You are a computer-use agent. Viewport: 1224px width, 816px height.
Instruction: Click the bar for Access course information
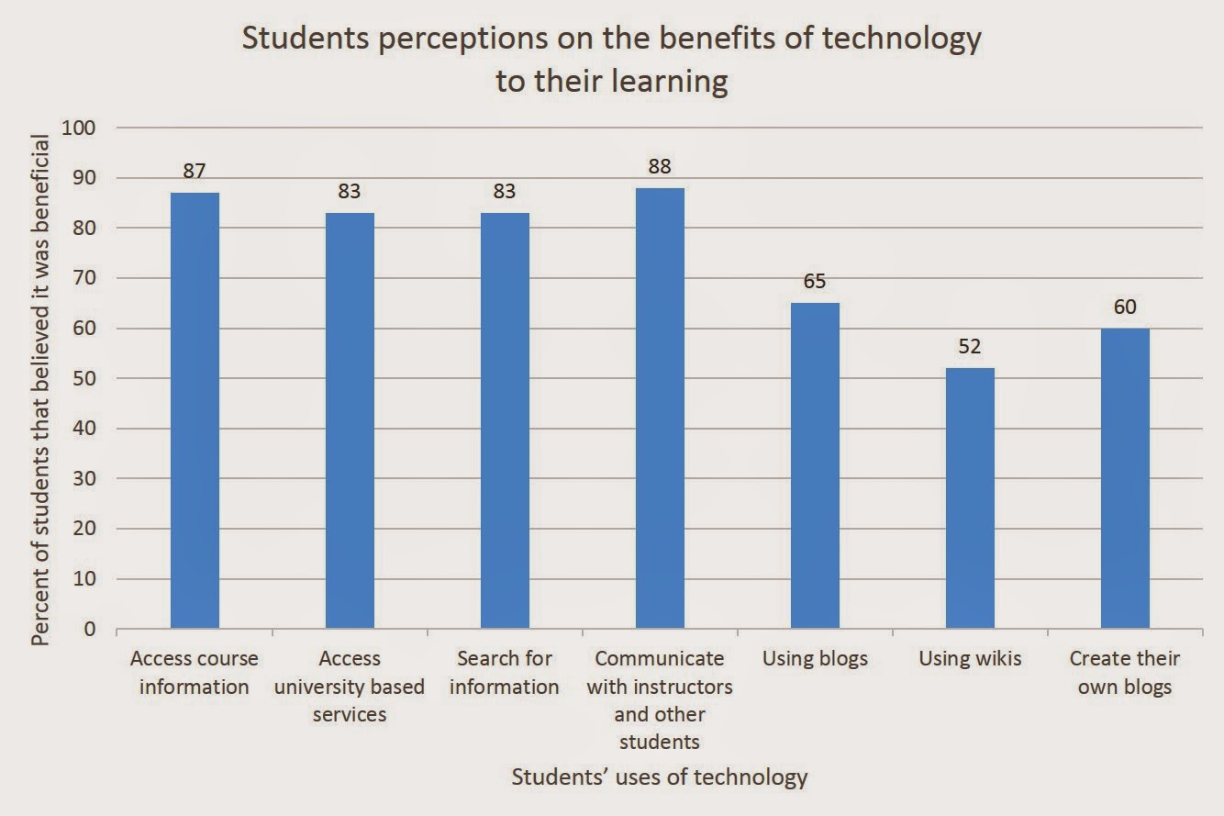click(195, 410)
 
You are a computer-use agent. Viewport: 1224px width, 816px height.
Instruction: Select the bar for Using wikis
click(970, 498)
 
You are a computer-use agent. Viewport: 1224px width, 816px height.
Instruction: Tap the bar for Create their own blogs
click(1125, 478)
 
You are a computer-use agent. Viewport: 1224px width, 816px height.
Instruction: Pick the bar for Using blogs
click(815, 465)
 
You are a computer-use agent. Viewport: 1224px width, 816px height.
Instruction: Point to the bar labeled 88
click(660, 408)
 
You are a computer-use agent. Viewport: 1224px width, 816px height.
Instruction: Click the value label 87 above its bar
click(195, 171)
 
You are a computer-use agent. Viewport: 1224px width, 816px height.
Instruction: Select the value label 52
click(970, 347)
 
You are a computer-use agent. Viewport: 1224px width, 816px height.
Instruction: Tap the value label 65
click(815, 282)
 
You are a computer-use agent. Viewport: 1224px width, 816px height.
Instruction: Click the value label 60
click(1125, 307)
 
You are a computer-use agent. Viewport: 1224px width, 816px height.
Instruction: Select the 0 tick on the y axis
click(89, 629)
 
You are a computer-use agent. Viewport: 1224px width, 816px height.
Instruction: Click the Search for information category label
click(505, 673)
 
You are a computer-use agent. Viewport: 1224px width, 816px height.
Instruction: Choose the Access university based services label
click(350, 687)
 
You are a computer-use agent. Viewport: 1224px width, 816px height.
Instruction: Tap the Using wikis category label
click(970, 659)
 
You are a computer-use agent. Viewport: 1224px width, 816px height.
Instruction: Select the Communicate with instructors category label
click(660, 699)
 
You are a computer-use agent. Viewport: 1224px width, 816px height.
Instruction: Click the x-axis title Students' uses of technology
click(660, 777)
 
